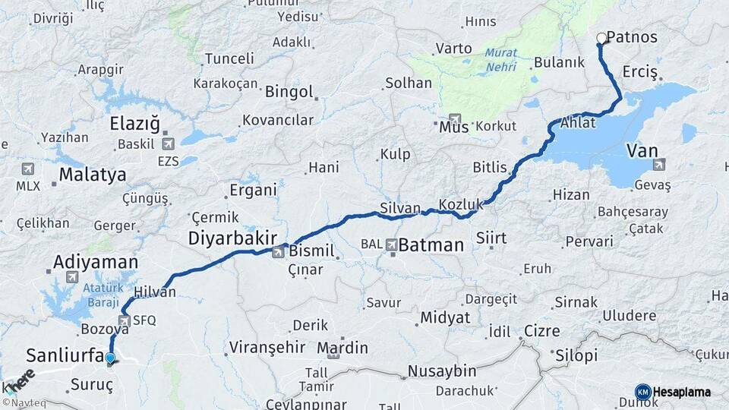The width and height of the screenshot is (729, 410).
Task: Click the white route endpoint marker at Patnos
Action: pos(601,37)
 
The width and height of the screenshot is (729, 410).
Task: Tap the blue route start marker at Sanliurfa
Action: pos(111,358)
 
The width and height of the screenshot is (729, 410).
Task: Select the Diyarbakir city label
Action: pos(232,238)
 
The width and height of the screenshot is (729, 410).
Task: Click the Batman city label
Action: pos(431,245)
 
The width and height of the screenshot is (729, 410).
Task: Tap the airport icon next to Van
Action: pos(658,164)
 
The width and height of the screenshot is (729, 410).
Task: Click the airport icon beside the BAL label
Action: pos(391,244)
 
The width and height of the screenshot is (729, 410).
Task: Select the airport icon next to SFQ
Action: pos(125,320)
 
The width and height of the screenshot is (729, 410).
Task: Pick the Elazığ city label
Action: pos(135,123)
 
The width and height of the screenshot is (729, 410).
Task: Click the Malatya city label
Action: pos(93,175)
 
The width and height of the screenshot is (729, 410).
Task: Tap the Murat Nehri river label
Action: pos(500,60)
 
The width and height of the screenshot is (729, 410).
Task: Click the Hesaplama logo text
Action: pos(681,392)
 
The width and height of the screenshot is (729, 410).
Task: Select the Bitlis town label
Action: pos(489,167)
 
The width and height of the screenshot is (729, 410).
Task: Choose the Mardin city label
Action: pos(342,348)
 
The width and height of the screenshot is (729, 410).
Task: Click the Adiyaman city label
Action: pos(96,263)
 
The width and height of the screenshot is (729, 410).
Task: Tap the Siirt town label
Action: pos(491,238)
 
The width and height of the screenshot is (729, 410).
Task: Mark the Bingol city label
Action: pos(289,92)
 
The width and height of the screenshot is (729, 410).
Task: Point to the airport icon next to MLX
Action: pos(28,169)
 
